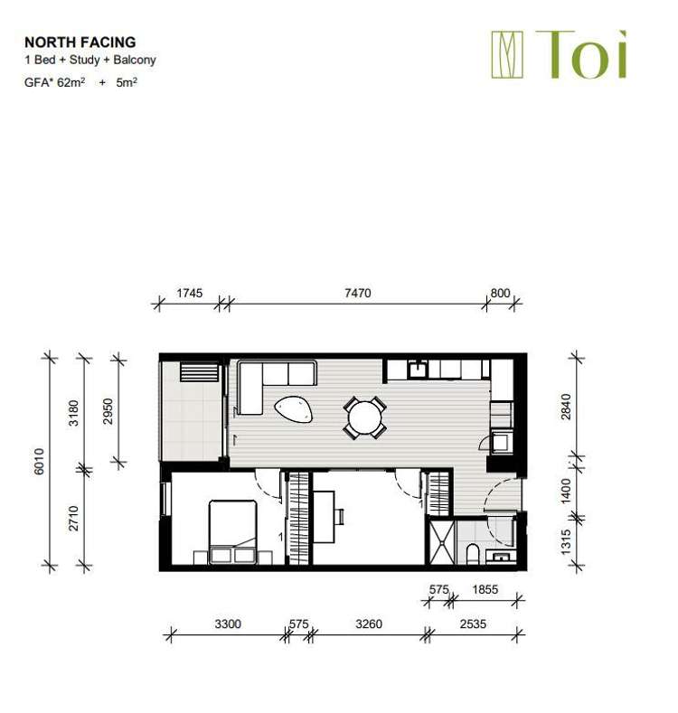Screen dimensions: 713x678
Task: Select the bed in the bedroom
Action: click(233, 527)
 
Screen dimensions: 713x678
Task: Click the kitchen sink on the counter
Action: click(419, 369)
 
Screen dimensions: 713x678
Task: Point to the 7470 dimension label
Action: click(357, 293)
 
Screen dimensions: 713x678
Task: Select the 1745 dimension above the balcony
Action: click(190, 293)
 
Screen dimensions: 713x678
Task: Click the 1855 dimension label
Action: click(485, 589)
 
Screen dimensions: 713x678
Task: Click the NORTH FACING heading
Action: click(80, 42)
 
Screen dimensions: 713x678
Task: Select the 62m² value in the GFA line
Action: click(69, 81)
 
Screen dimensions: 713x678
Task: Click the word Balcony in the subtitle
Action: click(136, 60)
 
